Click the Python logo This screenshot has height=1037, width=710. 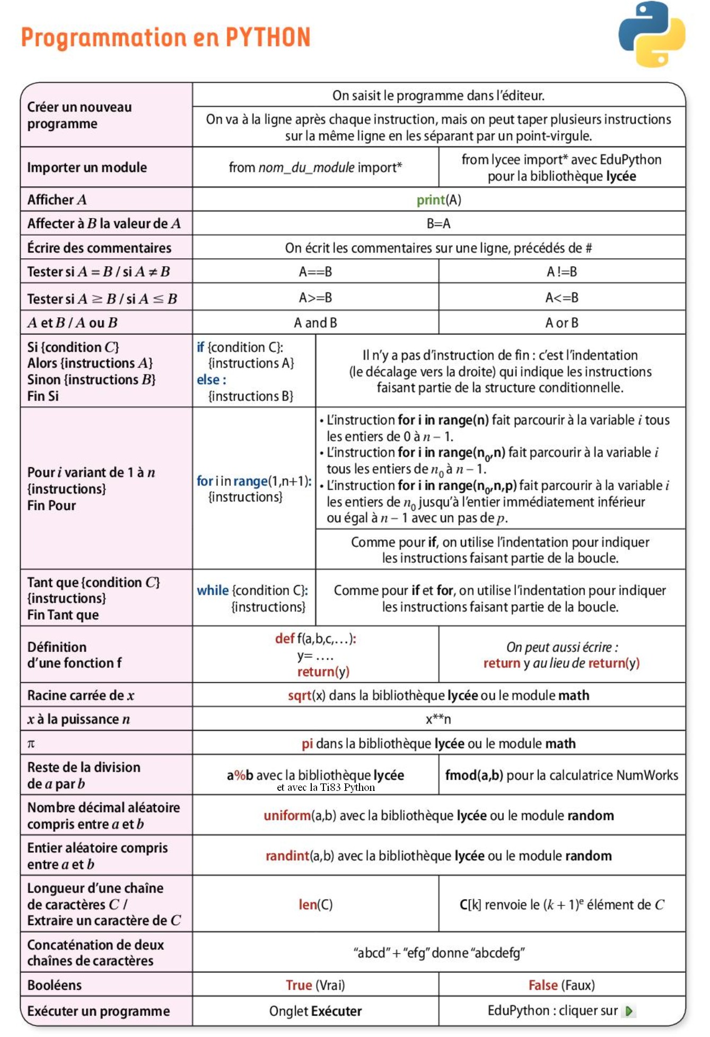point(652,34)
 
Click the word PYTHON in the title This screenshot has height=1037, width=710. point(268,38)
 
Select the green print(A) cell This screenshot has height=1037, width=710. point(439,200)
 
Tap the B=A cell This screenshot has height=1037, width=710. point(439,224)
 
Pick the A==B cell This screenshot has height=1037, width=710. point(315,272)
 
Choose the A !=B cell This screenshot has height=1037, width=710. point(562,272)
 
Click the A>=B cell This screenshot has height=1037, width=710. point(315,298)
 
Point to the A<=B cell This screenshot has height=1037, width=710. point(562,298)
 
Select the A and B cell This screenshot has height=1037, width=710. point(315,323)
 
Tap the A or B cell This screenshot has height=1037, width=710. point(562,323)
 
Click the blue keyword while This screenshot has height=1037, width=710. point(213,590)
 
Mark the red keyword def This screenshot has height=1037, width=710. point(285,639)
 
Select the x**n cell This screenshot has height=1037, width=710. point(439,719)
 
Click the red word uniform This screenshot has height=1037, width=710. point(287,815)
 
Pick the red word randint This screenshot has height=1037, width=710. point(287,856)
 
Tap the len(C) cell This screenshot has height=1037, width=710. point(315,904)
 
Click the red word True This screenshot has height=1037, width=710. point(299,985)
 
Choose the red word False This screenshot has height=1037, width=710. point(543,985)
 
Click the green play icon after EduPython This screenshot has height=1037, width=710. point(629,1011)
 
